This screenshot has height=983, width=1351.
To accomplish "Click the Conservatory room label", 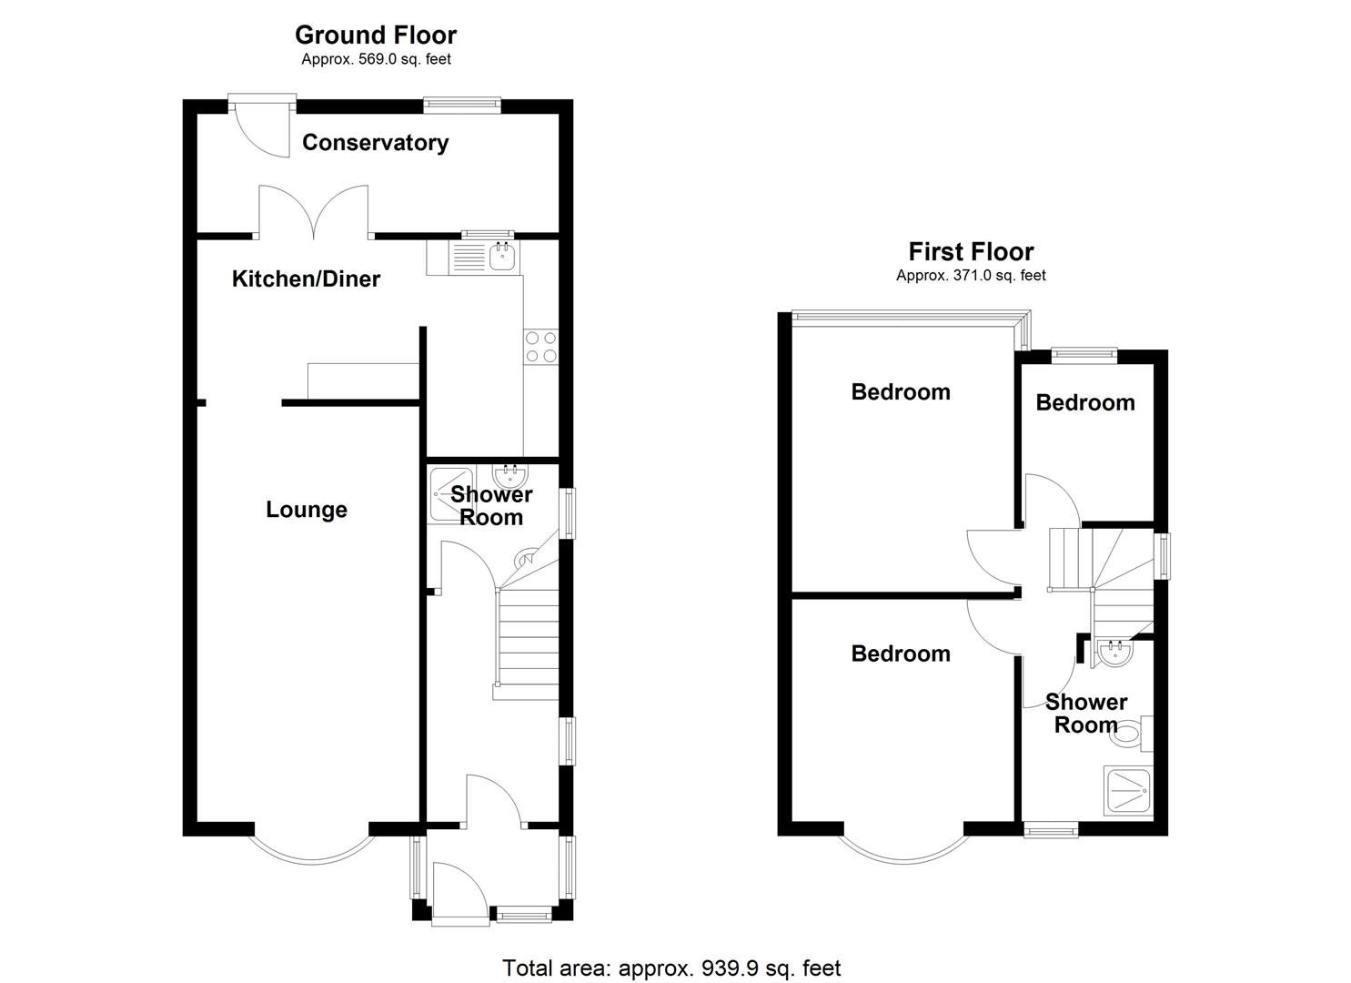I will [375, 143].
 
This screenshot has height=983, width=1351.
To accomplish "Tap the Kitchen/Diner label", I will [306, 279].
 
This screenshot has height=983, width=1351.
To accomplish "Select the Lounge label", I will [306, 510].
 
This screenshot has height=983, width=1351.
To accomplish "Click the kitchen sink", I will [501, 258].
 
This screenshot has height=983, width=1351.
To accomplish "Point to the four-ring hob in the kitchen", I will [540, 348].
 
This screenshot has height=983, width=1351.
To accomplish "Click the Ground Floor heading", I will [375, 35].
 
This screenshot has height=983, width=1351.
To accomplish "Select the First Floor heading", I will [971, 251].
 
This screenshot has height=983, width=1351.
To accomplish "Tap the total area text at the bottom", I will [671, 968].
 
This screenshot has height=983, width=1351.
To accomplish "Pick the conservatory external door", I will [261, 127].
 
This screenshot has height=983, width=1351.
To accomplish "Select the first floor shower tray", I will [1128, 792].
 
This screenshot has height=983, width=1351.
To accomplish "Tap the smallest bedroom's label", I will [1084, 402].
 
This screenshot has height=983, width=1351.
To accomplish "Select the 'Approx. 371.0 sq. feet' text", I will [971, 276].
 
